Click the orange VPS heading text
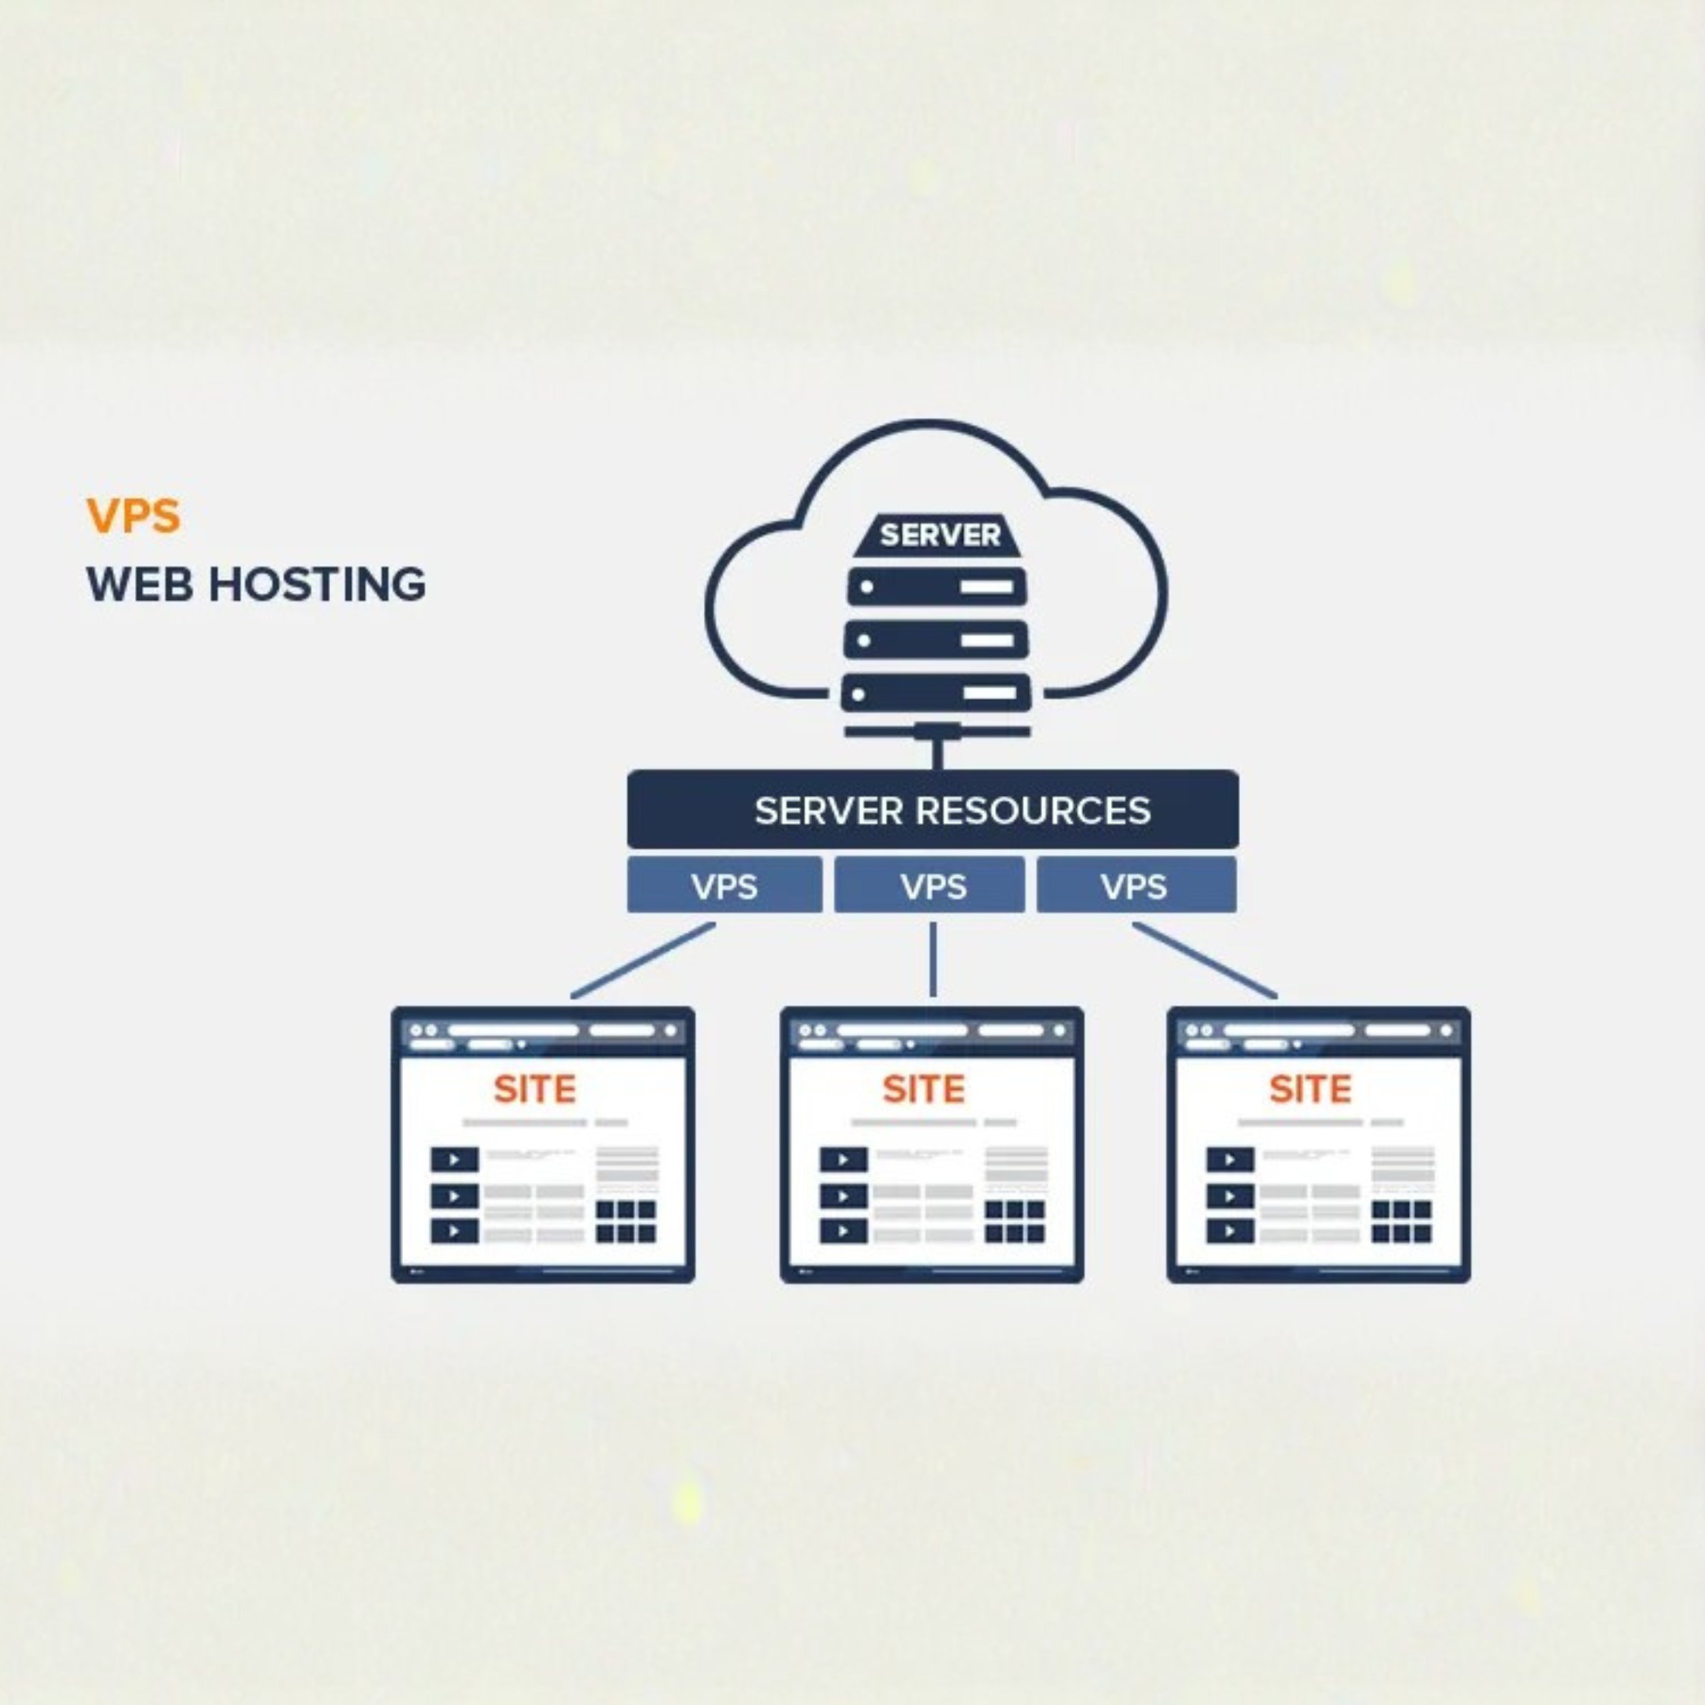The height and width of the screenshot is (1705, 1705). point(133,516)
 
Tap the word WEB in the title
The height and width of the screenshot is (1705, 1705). point(139,585)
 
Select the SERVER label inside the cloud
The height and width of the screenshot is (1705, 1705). point(940,535)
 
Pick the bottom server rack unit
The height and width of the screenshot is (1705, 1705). point(936,694)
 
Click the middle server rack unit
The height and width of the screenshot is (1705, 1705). point(936,640)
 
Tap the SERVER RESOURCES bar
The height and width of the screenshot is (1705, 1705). point(933,810)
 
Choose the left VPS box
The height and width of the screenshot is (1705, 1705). point(724,885)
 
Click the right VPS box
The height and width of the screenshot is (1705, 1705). point(1136,885)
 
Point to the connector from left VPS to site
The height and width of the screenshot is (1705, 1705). point(642,961)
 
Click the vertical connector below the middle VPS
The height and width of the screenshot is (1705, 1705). point(933,960)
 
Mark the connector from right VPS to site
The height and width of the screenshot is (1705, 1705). point(1204,961)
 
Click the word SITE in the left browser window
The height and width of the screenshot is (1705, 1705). point(534,1090)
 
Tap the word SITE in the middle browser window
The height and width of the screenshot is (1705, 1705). point(923,1090)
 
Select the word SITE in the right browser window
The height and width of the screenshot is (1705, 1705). point(1309,1090)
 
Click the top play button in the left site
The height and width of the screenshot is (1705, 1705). point(454,1159)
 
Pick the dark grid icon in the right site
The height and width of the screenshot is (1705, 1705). point(1402,1221)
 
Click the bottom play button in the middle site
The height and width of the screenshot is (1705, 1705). point(843,1231)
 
